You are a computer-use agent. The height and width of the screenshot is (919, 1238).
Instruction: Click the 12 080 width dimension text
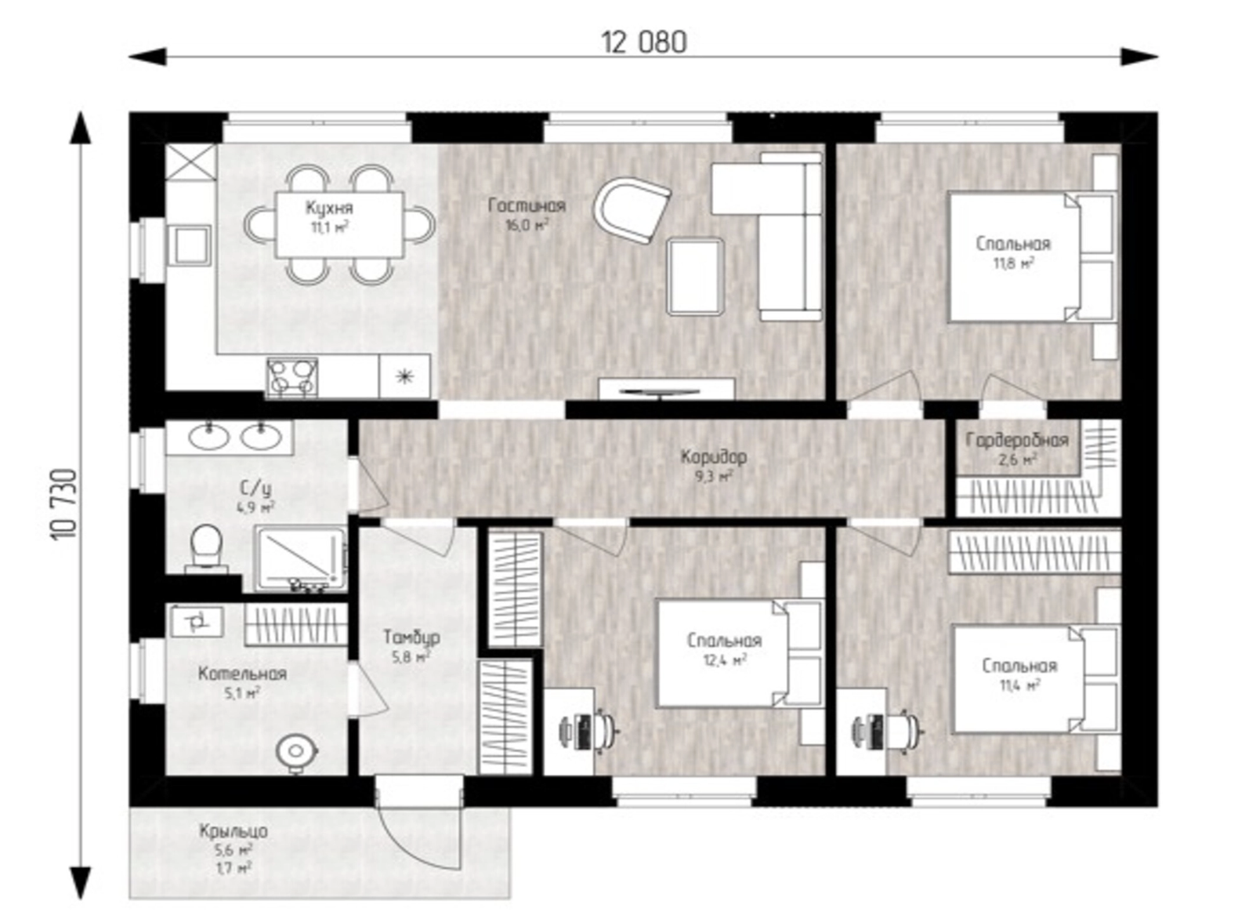pyautogui.click(x=643, y=42)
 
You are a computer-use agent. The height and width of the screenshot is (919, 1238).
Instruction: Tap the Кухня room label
pyautogui.click(x=329, y=208)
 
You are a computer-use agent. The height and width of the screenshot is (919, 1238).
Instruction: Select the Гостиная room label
pyautogui.click(x=527, y=205)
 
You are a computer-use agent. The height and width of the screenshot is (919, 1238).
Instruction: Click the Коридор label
pyautogui.click(x=713, y=457)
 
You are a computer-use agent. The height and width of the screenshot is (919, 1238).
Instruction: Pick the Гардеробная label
pyautogui.click(x=1017, y=440)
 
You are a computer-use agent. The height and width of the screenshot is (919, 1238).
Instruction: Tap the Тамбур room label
pyautogui.click(x=411, y=637)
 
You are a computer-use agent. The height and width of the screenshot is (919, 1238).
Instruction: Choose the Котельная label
pyautogui.click(x=242, y=674)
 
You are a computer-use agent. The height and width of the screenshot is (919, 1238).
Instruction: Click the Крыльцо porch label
pyautogui.click(x=233, y=831)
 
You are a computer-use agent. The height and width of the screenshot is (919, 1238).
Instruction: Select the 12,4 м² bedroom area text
pyautogui.click(x=725, y=661)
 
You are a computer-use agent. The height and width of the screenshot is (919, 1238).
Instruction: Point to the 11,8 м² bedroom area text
pyautogui.click(x=1013, y=263)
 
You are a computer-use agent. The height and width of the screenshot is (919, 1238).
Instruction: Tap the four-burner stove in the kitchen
pyautogui.click(x=291, y=378)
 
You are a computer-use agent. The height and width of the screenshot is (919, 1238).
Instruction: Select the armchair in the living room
pyautogui.click(x=632, y=209)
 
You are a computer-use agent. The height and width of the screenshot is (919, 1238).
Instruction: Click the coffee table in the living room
pyautogui.click(x=695, y=276)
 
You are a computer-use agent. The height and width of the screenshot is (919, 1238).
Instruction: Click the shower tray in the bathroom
pyautogui.click(x=301, y=558)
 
